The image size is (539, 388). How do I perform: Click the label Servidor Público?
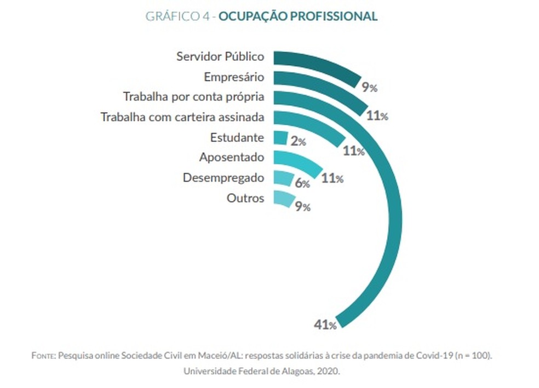pos(220,56)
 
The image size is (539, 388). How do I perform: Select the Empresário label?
pos(234,77)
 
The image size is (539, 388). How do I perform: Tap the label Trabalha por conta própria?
pos(193,97)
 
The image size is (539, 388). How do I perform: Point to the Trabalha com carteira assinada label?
pos(182,117)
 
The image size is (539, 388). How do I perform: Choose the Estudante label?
pos(237,137)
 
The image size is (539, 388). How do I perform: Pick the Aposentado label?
pos(232,158)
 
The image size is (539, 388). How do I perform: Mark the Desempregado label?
pos(223,178)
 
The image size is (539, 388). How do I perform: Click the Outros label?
pos(245,198)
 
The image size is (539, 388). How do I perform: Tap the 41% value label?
pos(324,325)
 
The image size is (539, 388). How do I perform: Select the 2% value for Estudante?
pos(299,142)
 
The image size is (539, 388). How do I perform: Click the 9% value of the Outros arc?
pos(302,207)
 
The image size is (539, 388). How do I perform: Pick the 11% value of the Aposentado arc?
pos(332,178)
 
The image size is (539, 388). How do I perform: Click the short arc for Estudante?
pos(280,137)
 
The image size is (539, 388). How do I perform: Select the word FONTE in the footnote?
pos(43,356)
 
